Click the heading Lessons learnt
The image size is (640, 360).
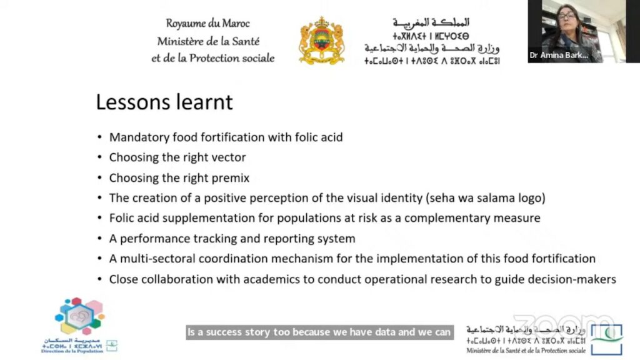click(164, 102)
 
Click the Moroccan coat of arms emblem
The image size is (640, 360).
click(321, 41)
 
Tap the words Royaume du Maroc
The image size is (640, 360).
click(207, 24)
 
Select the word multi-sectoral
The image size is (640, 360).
click(158, 259)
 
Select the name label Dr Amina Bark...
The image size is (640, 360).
click(559, 55)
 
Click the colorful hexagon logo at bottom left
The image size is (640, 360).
click(79, 316)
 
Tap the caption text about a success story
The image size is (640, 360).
click(319, 332)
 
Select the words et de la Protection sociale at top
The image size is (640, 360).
click(212, 58)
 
